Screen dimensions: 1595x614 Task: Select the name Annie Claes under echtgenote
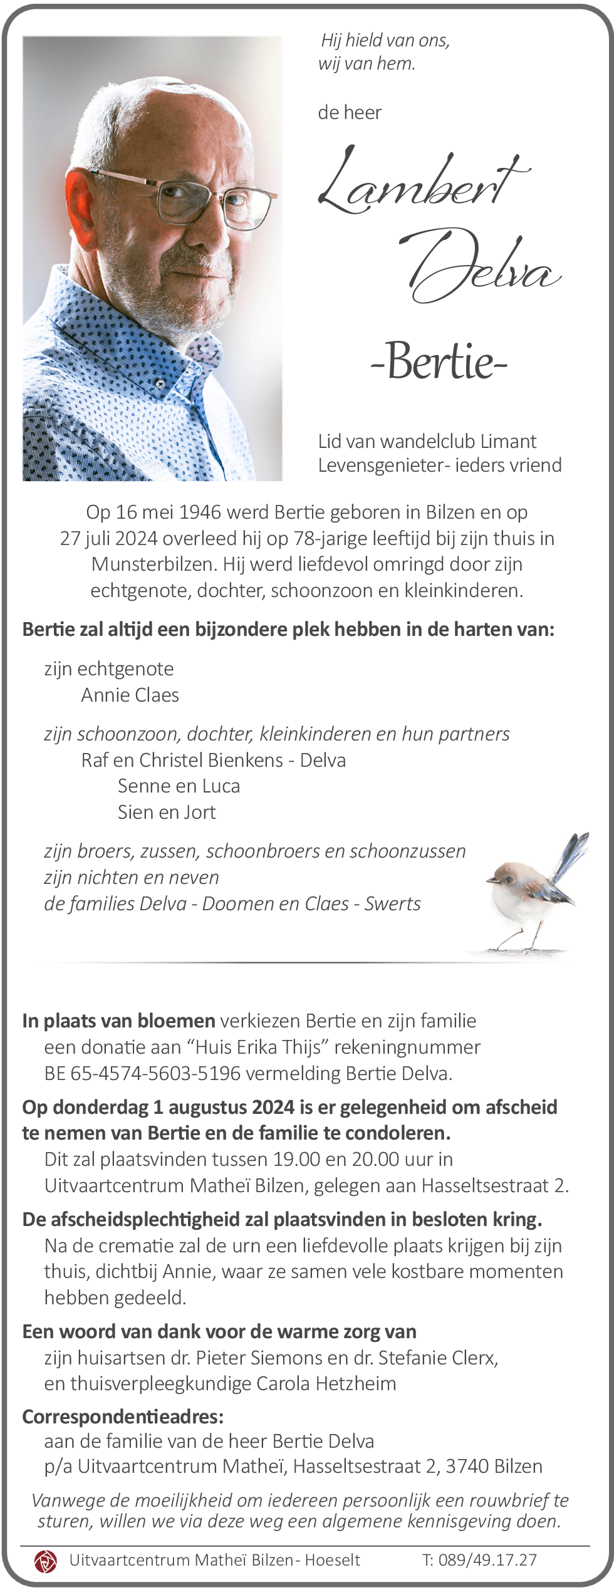pyautogui.click(x=130, y=695)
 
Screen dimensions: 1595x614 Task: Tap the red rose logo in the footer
pyautogui.click(x=45, y=1561)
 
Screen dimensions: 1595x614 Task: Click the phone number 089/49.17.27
pyautogui.click(x=487, y=1560)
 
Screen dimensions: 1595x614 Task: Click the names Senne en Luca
pyautogui.click(x=179, y=786)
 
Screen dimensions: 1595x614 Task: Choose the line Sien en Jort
pyautogui.click(x=167, y=813)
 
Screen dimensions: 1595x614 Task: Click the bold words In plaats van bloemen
pyautogui.click(x=119, y=1021)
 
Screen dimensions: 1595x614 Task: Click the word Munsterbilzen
pyautogui.click(x=154, y=564)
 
